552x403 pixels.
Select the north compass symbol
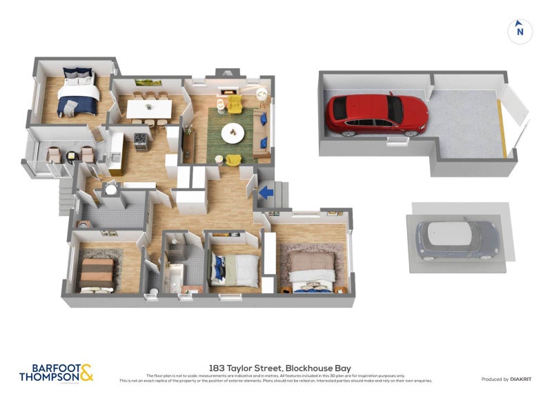click(520, 30)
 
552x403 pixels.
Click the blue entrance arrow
click(267, 194)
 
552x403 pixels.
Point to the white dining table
click(149, 108)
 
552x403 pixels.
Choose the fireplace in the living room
click(227, 90)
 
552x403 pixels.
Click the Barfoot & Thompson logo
click(56, 373)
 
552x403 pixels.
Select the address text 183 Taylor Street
click(241, 369)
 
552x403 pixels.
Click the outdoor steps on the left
click(66, 197)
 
